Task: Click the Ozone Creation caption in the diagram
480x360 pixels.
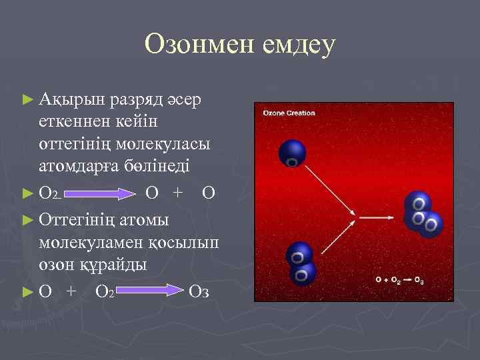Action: [x=289, y=113]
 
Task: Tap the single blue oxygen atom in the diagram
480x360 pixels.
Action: [x=291, y=153]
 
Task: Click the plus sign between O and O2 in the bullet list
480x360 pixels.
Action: [x=71, y=291]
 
